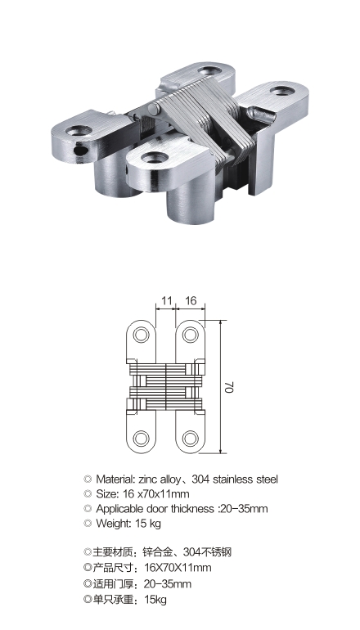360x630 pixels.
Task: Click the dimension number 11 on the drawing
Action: (x=167, y=300)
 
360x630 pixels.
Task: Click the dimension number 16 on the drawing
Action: (x=191, y=300)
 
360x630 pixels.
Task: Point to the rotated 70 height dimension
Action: (x=229, y=387)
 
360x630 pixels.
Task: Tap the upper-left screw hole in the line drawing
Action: (x=141, y=335)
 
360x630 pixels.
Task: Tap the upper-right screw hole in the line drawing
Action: (x=191, y=335)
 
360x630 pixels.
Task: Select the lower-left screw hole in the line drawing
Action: (x=141, y=439)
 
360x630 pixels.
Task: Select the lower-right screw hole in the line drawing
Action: (x=191, y=439)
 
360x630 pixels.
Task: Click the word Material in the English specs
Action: (x=115, y=479)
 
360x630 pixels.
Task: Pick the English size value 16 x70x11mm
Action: (x=155, y=494)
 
